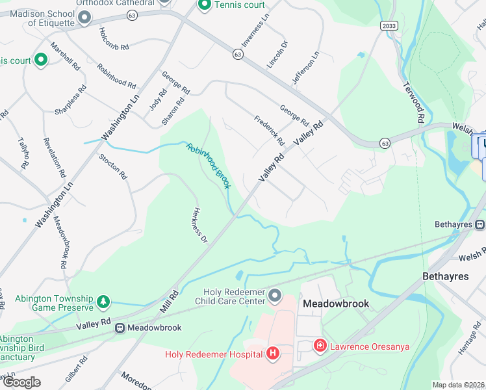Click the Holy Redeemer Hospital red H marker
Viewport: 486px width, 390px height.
(273, 354)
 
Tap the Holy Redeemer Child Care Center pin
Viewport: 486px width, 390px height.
(275, 296)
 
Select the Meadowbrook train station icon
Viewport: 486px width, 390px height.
(120, 328)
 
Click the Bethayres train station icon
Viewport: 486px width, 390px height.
(480, 225)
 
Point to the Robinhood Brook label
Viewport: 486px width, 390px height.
(208, 166)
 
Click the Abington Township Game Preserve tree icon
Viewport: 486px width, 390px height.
(103, 302)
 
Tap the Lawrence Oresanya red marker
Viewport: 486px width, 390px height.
(320, 345)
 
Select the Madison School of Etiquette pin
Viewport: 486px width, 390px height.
(84, 17)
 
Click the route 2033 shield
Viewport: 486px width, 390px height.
(388, 25)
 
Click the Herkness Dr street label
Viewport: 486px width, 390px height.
(199, 226)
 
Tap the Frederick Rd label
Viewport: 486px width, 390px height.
(269, 130)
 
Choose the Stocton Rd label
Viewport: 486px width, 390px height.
(110, 166)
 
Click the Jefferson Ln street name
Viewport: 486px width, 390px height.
(306, 68)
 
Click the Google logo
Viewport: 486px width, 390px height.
(21, 382)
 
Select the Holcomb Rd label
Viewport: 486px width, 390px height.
(114, 39)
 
